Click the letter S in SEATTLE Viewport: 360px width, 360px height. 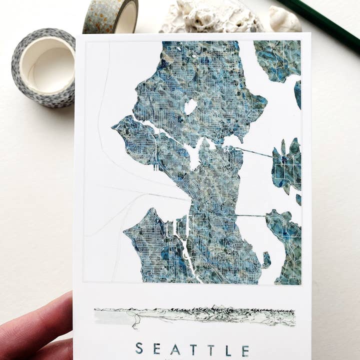[x=139, y=349]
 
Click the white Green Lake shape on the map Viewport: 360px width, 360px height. [x=190, y=106]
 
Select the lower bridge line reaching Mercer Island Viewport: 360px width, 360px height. [x=250, y=215]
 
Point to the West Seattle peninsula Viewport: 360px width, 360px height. [x=150, y=245]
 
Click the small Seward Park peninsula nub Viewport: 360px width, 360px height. [x=266, y=259]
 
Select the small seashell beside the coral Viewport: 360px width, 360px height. [x=284, y=20]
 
